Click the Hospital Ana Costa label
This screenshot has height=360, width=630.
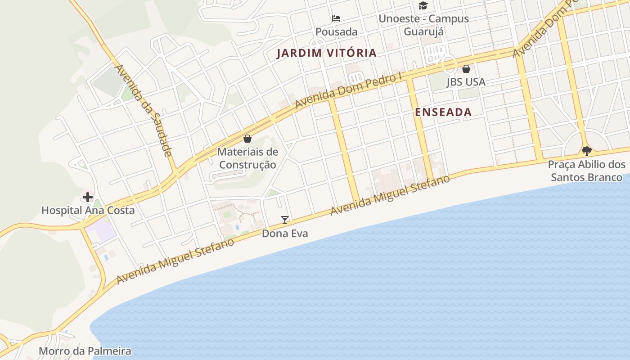point(88,210)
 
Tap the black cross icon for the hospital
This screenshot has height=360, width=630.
point(87,197)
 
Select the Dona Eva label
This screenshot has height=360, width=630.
point(285,234)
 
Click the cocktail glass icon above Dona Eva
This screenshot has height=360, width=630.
point(284,220)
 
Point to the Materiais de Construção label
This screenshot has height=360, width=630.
point(247,158)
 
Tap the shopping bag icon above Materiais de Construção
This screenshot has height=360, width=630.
point(247,139)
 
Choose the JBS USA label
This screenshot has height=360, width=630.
point(466,82)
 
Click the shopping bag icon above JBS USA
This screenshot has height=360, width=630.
point(466,69)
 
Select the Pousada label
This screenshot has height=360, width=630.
point(336,31)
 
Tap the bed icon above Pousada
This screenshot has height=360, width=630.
point(336,18)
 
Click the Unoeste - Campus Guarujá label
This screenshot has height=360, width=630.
point(423,25)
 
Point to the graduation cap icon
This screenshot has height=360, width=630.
point(423,6)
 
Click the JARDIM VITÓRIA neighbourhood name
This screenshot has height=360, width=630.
point(326,53)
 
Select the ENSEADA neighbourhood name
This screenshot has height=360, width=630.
point(443,112)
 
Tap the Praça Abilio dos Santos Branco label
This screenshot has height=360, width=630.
point(587,171)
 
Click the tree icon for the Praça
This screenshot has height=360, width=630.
point(586,151)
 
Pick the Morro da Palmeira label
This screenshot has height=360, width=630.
point(85,351)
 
